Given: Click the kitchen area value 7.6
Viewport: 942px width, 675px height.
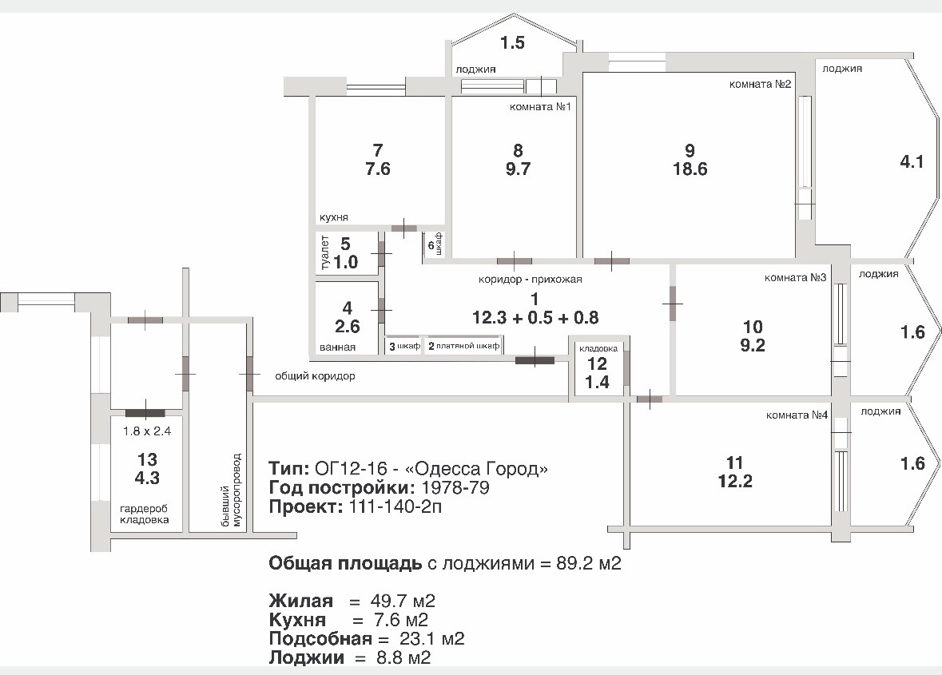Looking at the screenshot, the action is [x=378, y=169].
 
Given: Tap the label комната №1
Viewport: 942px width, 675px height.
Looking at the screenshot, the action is [x=540, y=107].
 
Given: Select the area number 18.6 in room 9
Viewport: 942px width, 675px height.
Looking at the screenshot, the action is [x=690, y=169].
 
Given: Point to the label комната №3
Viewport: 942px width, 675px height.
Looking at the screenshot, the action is [x=796, y=277].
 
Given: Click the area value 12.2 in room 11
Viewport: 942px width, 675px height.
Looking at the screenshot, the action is [x=735, y=481].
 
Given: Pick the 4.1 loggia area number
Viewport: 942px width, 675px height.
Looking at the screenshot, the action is [x=912, y=161].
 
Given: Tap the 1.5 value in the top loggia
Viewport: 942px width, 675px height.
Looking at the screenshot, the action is [x=512, y=42].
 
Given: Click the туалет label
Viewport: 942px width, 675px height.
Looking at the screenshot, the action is [x=325, y=252].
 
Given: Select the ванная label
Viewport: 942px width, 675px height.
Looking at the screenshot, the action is [x=337, y=347].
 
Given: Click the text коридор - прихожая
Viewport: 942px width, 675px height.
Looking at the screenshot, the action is [x=530, y=280].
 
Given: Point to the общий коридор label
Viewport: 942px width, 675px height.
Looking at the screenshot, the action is [x=315, y=376].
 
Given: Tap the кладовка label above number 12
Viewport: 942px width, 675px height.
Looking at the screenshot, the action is [x=598, y=348].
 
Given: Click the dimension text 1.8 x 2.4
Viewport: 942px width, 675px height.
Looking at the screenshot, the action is [x=147, y=431].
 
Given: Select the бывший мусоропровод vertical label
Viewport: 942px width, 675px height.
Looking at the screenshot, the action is [x=231, y=490].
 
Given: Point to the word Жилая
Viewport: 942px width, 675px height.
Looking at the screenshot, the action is [x=301, y=601].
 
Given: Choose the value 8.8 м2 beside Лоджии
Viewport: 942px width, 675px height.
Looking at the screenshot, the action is [x=403, y=657].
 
